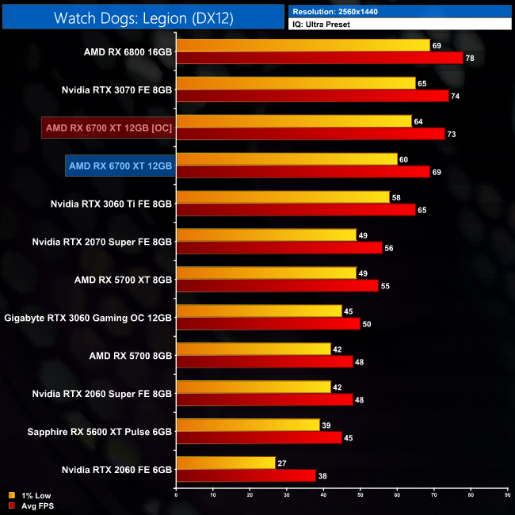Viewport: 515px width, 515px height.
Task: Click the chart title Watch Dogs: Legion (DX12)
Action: (143, 17)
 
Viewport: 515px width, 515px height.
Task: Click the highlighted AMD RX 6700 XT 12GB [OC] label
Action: (109, 128)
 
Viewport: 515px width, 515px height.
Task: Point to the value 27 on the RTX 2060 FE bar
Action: (282, 463)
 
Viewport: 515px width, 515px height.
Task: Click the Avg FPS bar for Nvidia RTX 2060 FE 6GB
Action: (246, 475)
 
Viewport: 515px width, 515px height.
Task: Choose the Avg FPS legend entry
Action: (38, 505)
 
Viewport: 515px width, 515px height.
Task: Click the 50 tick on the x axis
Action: (360, 494)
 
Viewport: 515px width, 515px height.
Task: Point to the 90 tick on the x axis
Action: (507, 494)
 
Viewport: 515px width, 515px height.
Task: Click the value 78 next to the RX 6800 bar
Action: (471, 58)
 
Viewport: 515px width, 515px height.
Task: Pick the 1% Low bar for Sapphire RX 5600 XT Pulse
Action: (247, 425)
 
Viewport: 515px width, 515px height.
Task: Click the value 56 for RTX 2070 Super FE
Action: (390, 248)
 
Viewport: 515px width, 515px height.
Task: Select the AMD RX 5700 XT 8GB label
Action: (122, 280)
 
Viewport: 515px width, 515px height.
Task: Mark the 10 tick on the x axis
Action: (213, 494)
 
